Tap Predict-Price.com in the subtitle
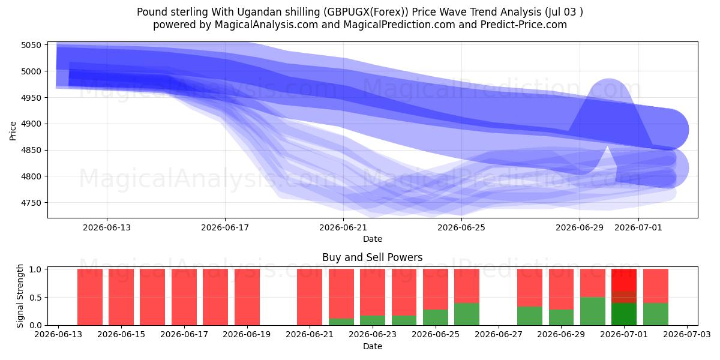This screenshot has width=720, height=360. click(524, 25)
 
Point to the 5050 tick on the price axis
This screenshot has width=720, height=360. click(31, 45)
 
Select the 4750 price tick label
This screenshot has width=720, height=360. click(31, 203)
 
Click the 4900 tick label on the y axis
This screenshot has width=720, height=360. click(31, 124)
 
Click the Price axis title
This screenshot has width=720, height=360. click(13, 131)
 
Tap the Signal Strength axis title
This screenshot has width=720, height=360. click(20, 296)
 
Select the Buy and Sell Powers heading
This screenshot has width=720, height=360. click(372, 257)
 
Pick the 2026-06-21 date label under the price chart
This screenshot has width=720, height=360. click(343, 228)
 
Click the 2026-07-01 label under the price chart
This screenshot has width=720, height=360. click(638, 228)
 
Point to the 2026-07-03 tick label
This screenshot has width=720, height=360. click(687, 335)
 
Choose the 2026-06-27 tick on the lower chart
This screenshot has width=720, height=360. click(499, 335)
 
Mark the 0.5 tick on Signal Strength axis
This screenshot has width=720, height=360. click(35, 298)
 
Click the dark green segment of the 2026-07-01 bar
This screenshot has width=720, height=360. click(624, 314)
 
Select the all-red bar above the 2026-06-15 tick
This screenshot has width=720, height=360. click(121, 297)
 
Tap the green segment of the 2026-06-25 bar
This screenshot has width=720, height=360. click(436, 317)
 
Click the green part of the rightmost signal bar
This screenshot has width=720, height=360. click(656, 314)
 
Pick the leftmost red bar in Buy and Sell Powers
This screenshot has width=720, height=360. click(90, 297)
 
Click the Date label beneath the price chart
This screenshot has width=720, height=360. click(373, 239)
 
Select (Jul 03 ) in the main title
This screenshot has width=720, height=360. click(564, 12)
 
